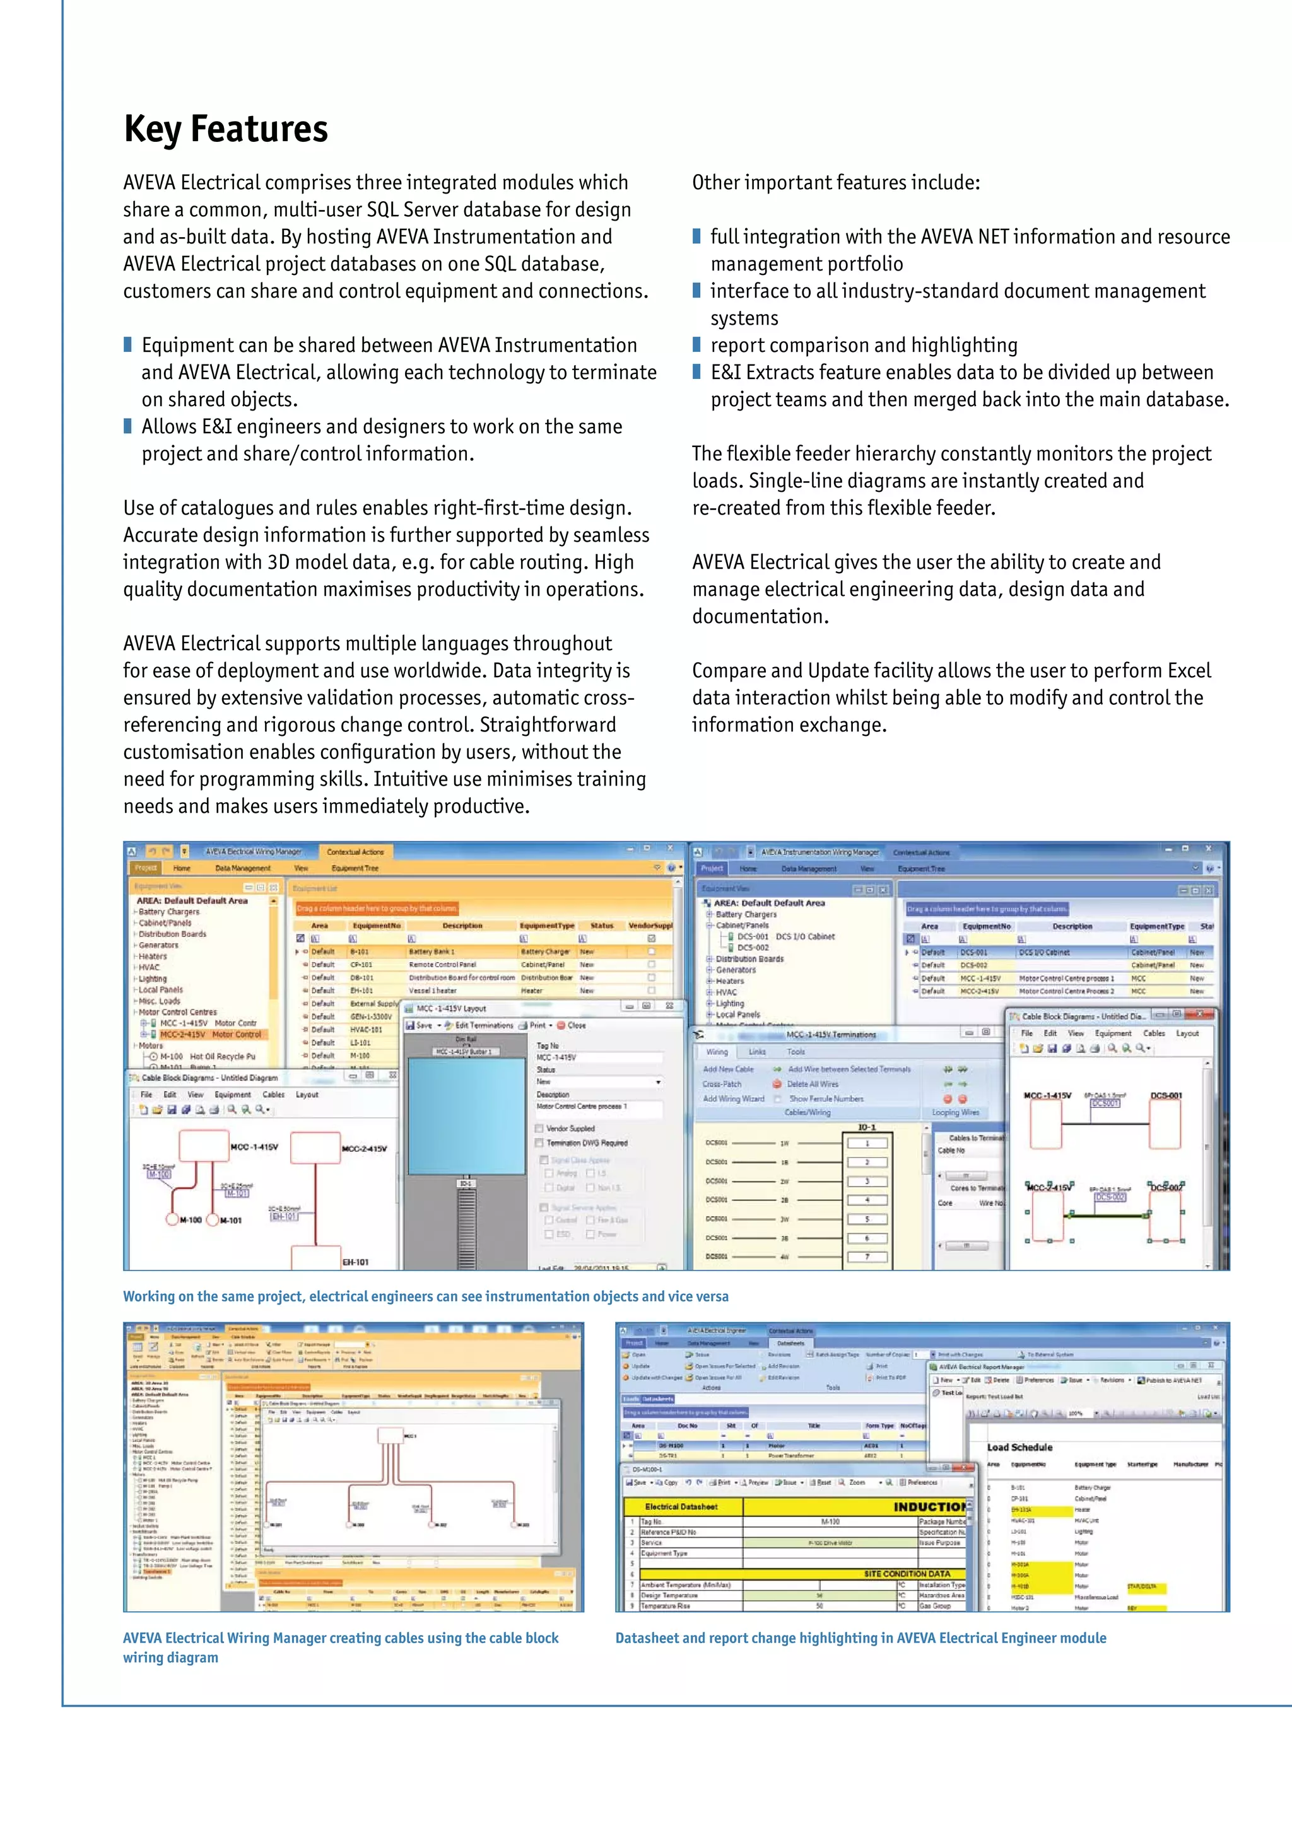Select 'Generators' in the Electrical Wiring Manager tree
pyautogui.click(x=158, y=945)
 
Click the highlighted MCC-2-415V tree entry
pyautogui.click(x=210, y=1034)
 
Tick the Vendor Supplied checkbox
pyautogui.click(x=539, y=1128)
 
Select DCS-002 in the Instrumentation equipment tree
pyautogui.click(x=752, y=947)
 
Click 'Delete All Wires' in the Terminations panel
pyautogui.click(x=811, y=1084)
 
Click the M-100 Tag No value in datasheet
pyautogui.click(x=830, y=1521)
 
